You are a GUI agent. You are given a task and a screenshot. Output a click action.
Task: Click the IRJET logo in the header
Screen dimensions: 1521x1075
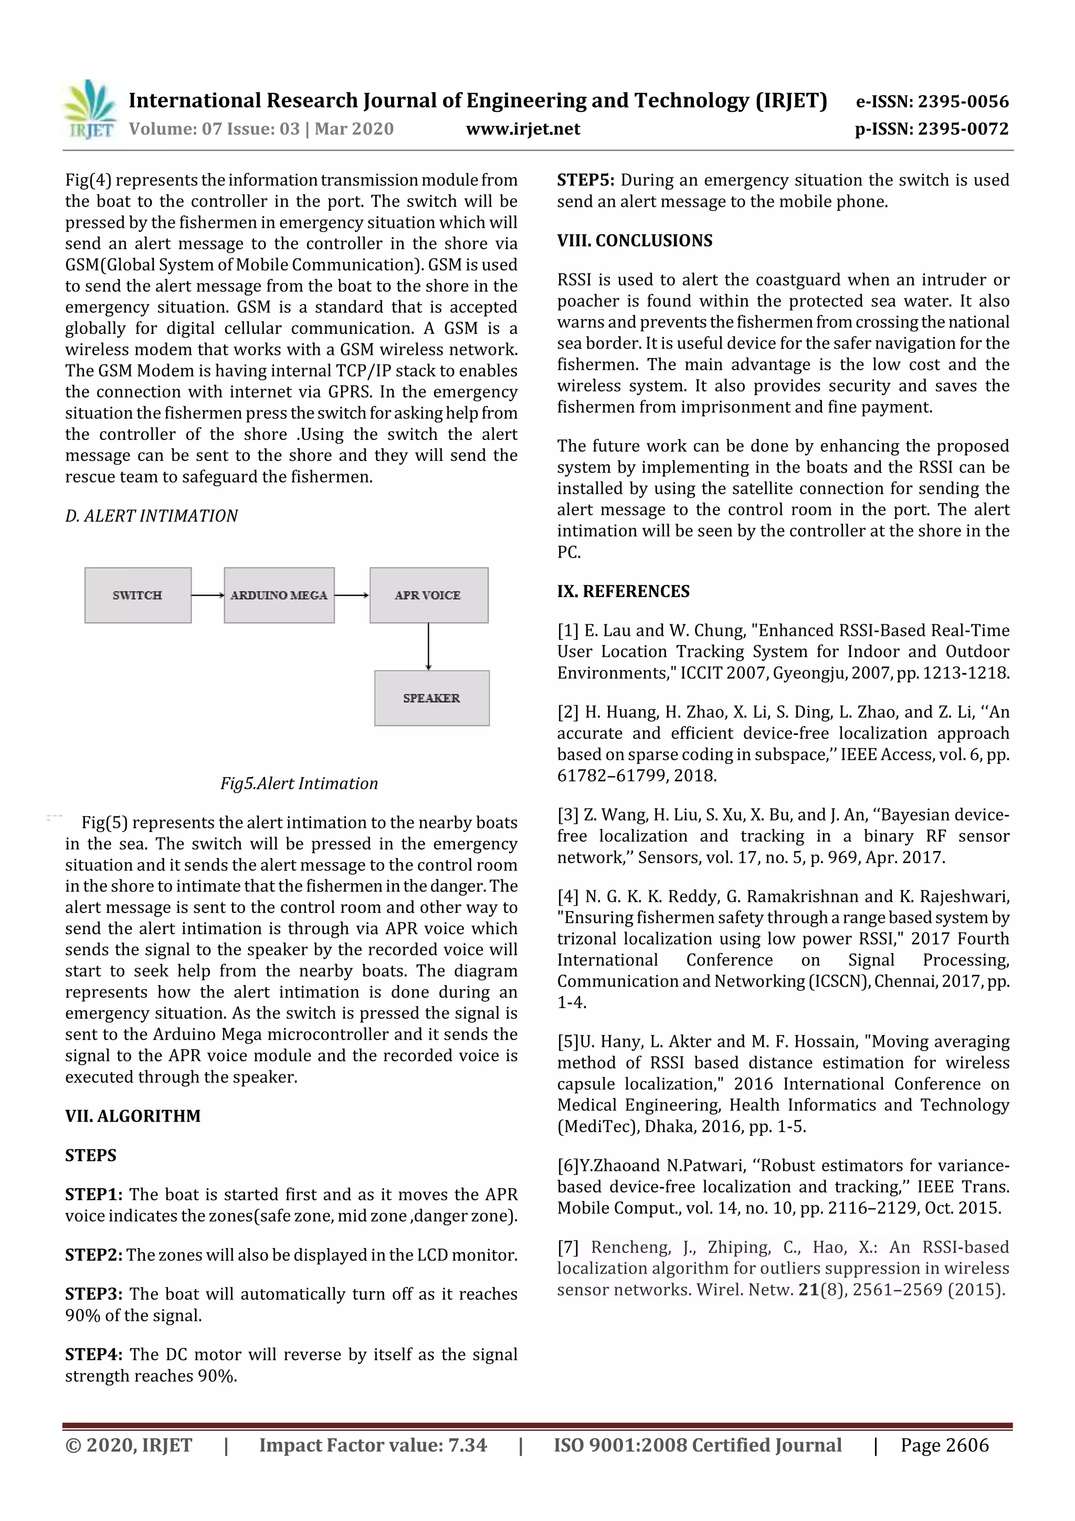tap(89, 110)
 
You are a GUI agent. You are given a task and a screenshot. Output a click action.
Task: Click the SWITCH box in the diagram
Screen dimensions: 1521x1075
tap(138, 595)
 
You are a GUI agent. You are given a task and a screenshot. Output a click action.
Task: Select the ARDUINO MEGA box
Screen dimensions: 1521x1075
tap(279, 595)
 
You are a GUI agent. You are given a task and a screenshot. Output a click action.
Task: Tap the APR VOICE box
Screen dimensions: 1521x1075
tap(428, 595)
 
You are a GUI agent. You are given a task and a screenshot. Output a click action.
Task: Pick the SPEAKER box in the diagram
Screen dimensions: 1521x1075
tap(432, 698)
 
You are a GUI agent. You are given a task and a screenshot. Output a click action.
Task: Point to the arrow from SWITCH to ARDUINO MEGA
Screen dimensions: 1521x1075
tap(207, 595)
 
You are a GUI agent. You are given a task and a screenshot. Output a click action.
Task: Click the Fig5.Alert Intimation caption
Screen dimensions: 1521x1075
tap(299, 784)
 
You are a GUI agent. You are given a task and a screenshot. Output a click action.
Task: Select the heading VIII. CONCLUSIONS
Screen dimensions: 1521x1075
tap(635, 240)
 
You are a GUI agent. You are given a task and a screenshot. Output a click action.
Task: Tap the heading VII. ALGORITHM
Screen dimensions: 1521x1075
tap(132, 1116)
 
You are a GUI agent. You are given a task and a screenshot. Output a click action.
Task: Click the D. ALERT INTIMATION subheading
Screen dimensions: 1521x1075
tap(151, 516)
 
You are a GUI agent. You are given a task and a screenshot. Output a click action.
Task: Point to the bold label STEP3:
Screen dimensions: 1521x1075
tap(93, 1294)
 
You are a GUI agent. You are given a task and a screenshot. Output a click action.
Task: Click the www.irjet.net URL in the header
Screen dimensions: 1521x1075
tap(523, 129)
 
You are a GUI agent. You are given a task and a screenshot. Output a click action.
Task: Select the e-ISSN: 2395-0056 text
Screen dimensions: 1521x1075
tap(932, 102)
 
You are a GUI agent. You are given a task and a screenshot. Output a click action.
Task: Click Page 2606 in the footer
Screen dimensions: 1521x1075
tap(944, 1445)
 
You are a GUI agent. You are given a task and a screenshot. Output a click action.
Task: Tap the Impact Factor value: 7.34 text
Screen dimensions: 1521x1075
tap(373, 1445)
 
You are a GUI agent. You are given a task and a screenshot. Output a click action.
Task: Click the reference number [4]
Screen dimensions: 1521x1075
tap(567, 897)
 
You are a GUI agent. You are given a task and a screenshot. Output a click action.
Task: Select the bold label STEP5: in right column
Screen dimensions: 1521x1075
tap(585, 180)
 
